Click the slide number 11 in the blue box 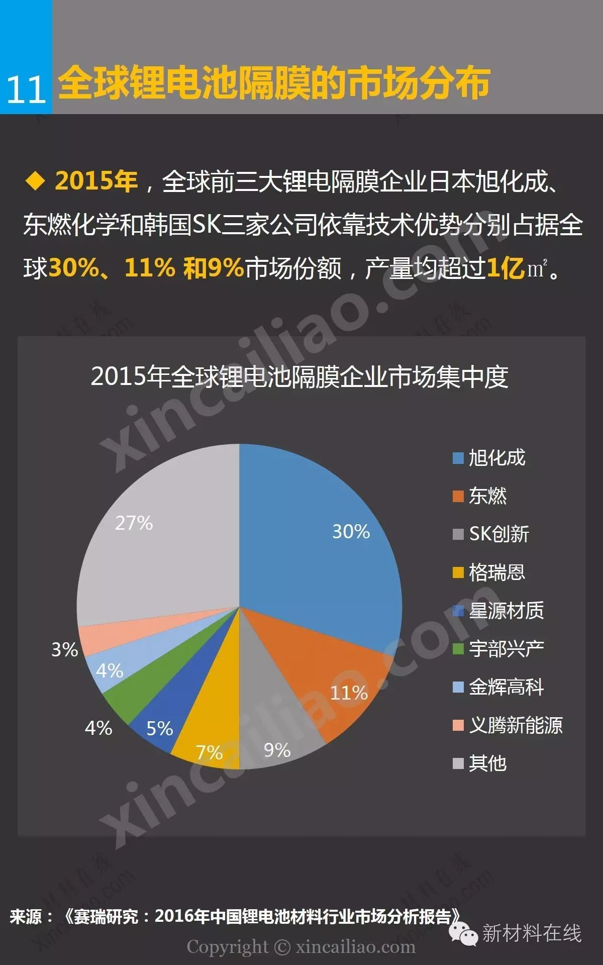[x=26, y=90]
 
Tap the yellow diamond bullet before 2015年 [x=35, y=181]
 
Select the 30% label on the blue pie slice [x=351, y=532]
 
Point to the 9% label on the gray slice [x=277, y=750]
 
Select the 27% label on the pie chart [x=134, y=523]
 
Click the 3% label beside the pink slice [x=65, y=649]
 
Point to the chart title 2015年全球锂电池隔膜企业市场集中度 [x=299, y=376]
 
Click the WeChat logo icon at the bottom [x=463, y=934]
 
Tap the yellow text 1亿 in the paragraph [x=506, y=268]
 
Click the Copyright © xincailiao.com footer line [x=301, y=947]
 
